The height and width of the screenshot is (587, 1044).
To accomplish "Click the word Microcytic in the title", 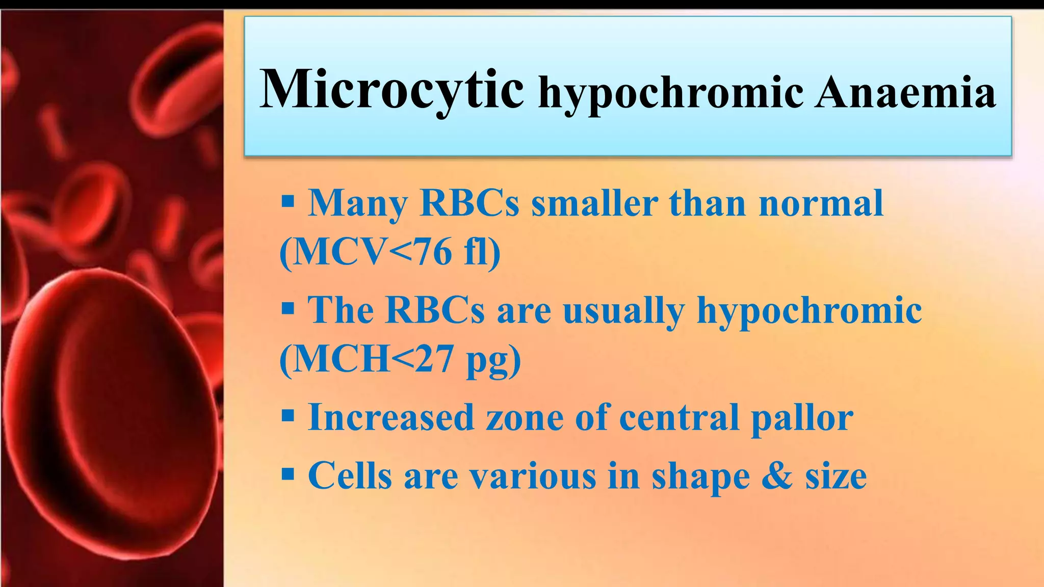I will coord(391,90).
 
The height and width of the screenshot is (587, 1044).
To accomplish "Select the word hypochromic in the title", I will coord(671,94).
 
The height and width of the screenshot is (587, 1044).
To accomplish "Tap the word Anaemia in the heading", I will coord(904,93).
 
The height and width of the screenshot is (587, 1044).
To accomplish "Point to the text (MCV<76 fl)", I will coord(390,252).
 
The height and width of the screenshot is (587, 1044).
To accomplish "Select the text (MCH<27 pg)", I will coord(401,360).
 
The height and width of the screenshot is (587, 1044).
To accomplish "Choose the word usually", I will coord(623,311).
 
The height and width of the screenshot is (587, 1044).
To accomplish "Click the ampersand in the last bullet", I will coord(777,475).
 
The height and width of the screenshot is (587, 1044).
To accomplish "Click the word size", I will coord(836,475).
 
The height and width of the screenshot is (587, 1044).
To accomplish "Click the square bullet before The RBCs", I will coord(288,308).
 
